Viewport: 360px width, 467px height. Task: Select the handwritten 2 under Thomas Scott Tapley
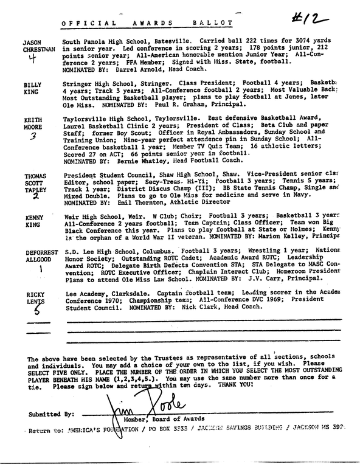pos(36,196)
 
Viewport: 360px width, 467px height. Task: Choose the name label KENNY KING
pos(33,220)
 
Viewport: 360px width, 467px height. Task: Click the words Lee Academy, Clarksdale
pos(97,293)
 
